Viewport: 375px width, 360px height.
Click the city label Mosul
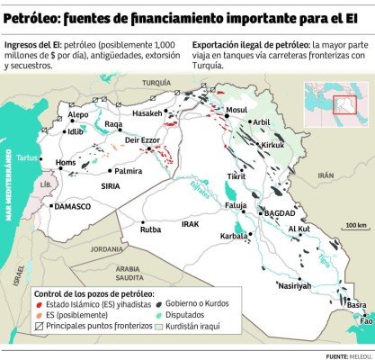[237, 110]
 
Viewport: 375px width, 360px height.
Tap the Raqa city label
[113, 124]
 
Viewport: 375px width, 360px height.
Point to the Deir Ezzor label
[141, 140]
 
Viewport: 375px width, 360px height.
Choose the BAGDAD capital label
[280, 212]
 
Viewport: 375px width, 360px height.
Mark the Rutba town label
[149, 229]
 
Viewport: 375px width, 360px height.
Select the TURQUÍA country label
[156, 82]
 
